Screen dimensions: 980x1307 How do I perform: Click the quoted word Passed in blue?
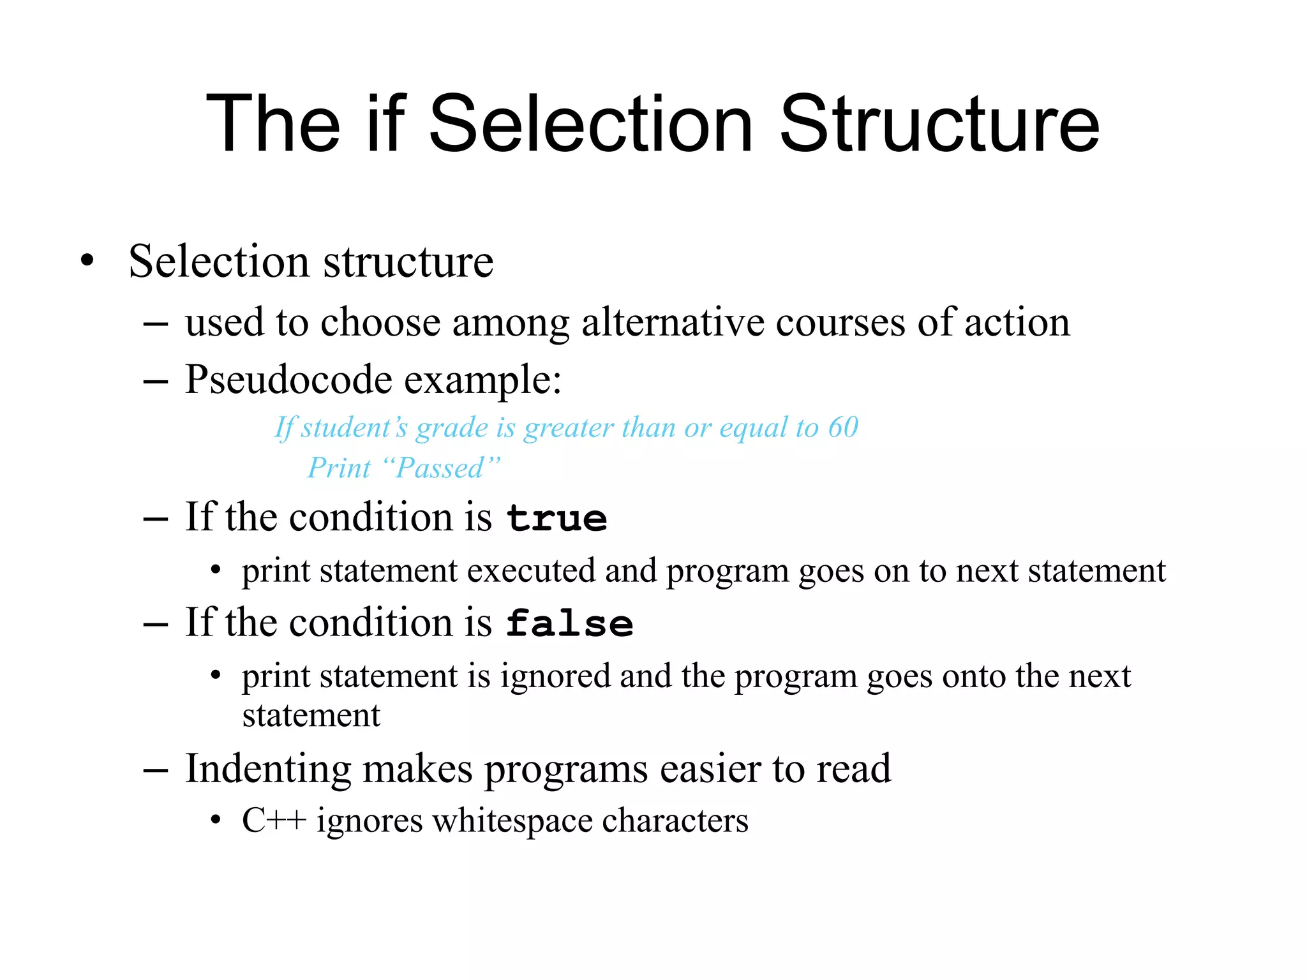(440, 468)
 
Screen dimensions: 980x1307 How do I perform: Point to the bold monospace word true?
(556, 518)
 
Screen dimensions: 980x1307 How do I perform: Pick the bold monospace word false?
(569, 623)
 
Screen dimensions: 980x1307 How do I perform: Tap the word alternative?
(673, 322)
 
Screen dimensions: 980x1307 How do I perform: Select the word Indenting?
(267, 769)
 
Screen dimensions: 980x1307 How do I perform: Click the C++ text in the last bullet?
(274, 820)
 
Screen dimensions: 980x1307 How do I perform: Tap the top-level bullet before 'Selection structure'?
(87, 261)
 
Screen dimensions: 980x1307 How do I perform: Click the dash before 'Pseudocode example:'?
(156, 382)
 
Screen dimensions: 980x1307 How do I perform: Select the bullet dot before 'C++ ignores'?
(216, 820)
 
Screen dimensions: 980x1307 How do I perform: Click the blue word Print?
(339, 468)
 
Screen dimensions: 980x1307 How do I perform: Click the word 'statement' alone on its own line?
(311, 716)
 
